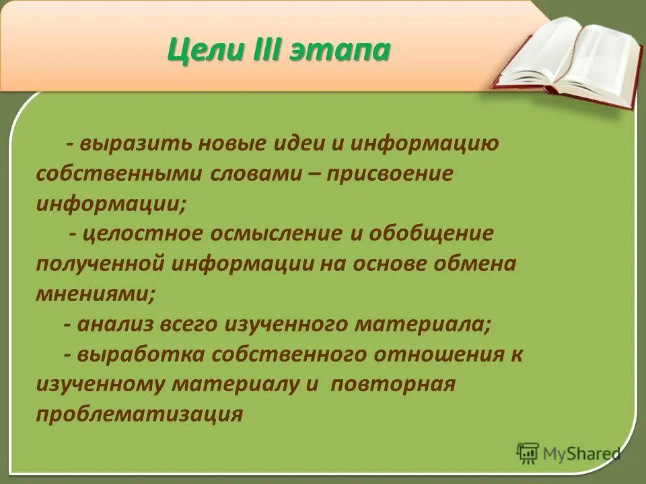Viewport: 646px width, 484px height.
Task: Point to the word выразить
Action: point(130,143)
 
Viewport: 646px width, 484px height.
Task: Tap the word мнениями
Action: point(94,294)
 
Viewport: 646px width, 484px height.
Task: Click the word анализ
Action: point(114,324)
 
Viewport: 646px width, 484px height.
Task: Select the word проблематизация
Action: point(139,414)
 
